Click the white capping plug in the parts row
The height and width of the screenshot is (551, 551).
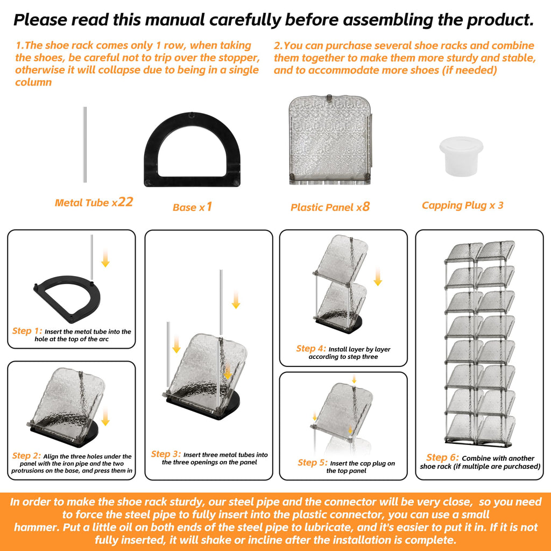[461, 157]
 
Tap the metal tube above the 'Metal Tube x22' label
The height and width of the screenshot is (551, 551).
[84, 144]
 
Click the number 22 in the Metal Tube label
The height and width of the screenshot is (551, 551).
[125, 202]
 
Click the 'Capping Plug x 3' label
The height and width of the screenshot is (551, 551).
[462, 205]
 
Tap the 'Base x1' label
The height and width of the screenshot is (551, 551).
[192, 207]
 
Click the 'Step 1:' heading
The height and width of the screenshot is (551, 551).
[27, 331]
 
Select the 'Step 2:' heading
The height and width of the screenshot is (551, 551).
[27, 455]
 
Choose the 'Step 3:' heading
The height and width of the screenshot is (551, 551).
[166, 454]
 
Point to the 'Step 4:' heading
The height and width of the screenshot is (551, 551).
[311, 348]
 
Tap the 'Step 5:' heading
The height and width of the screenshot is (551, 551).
[313, 462]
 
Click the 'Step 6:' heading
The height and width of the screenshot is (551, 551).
[442, 457]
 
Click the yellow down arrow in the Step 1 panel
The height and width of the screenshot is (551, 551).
[105, 258]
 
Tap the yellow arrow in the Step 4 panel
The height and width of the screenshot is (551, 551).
[378, 277]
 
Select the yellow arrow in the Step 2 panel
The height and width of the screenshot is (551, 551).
[105, 417]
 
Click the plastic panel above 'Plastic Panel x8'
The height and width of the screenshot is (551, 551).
[330, 140]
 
